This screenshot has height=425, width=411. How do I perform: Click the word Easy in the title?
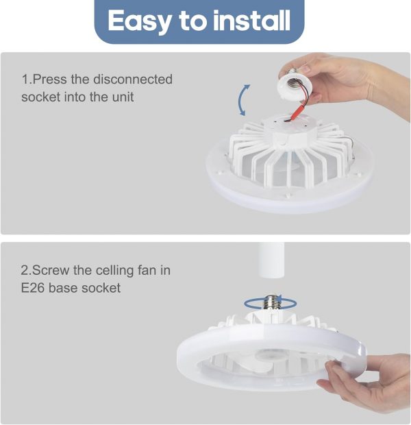pos(139,21)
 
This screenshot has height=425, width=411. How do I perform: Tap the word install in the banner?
pos(251,20)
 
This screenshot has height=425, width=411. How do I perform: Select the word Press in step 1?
pos(49,80)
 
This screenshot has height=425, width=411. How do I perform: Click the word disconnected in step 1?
pos(133,79)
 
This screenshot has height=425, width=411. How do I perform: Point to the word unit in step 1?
pos(123,97)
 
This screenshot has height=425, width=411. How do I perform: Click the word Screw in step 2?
pos(51,270)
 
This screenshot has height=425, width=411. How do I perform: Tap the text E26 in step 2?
pos(32,288)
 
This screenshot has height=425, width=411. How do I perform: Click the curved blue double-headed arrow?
pos(240,100)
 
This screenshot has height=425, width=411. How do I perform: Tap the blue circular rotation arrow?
pos(270,303)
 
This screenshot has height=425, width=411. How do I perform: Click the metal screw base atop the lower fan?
pos(271,302)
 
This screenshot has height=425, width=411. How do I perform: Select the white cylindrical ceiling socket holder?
pos(271,260)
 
